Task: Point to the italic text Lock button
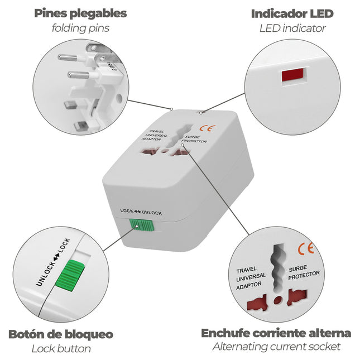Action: coord(61,349)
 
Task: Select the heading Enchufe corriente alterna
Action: coord(276,333)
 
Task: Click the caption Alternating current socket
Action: coord(276,347)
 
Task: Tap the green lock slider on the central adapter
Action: coord(142,224)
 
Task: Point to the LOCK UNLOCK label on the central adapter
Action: coord(141,212)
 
